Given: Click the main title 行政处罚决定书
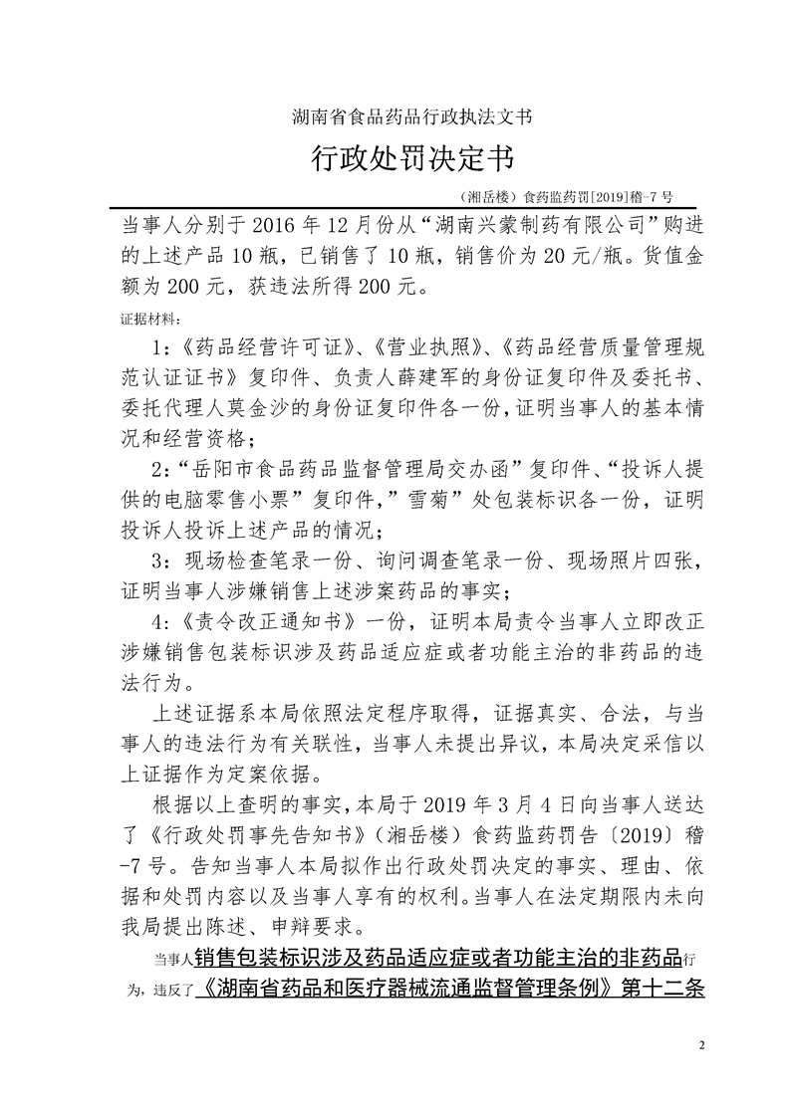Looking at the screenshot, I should pos(395,160).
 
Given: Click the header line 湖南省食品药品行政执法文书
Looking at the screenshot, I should pos(395,116).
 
